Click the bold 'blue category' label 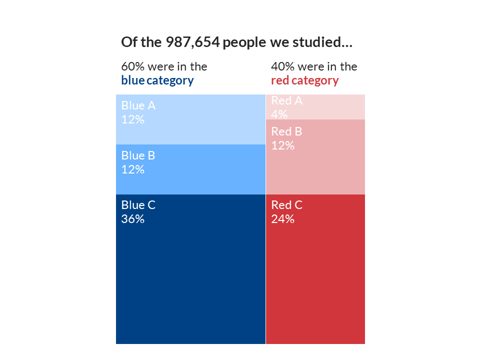pos(157,80)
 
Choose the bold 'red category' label pos(304,80)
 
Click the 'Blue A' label pos(138,105)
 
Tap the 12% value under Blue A pos(132,119)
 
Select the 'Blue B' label pos(138,155)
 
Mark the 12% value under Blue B pos(132,169)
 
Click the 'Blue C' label pos(138,205)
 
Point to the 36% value pos(132,219)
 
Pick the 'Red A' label pos(286,100)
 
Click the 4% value pos(279,114)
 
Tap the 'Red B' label pos(286,131)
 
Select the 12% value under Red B pos(282,145)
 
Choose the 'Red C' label pos(286,205)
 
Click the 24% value pos(282,219)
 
